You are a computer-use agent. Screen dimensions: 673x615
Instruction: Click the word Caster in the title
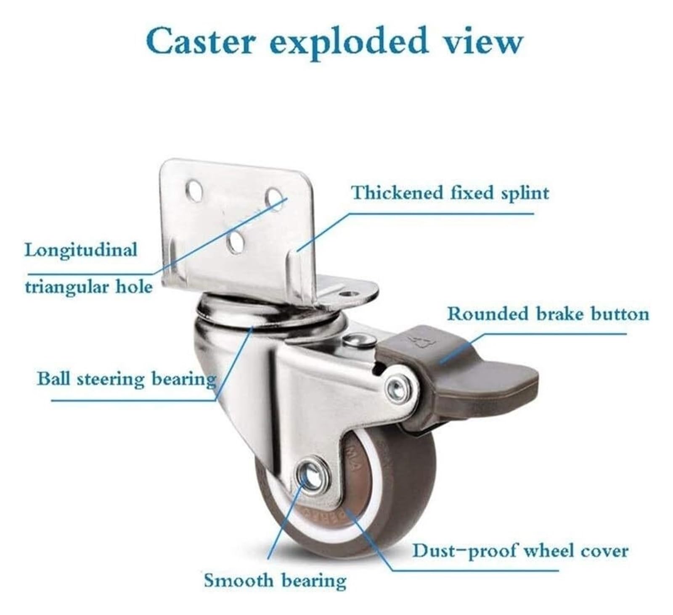click(x=200, y=41)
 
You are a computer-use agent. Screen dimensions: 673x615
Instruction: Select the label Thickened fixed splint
click(x=450, y=193)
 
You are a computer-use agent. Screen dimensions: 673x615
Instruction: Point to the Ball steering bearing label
click(x=126, y=379)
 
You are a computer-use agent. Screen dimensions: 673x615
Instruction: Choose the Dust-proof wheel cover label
click(x=520, y=551)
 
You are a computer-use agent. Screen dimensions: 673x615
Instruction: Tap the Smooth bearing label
click(x=275, y=581)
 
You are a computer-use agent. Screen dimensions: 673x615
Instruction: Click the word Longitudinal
click(x=81, y=250)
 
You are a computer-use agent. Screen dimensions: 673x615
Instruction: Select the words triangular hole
click(x=88, y=287)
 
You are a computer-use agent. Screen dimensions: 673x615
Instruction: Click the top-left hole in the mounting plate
click(x=195, y=189)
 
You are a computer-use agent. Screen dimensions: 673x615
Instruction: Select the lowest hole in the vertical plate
click(x=236, y=242)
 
